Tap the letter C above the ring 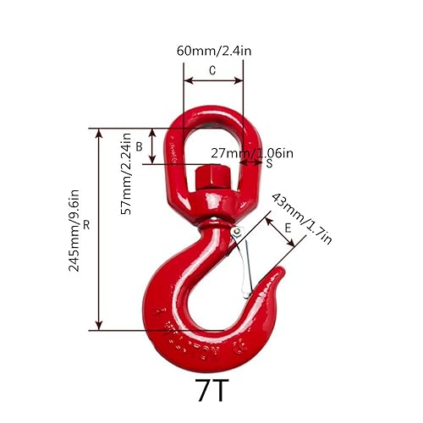point(212,73)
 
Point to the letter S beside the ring point(269,163)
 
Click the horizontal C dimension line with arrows point(212,84)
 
